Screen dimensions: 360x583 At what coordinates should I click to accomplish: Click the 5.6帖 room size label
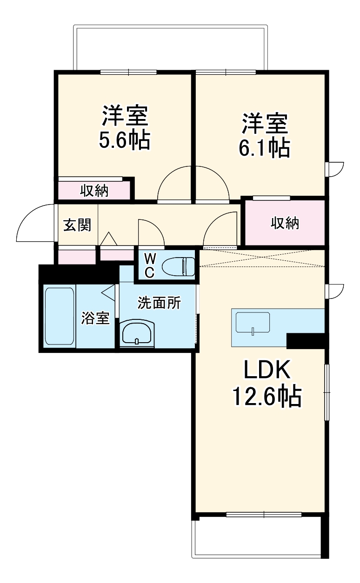125,140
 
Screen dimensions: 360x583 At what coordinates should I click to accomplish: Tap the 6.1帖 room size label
265,148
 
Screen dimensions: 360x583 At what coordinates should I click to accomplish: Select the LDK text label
267,369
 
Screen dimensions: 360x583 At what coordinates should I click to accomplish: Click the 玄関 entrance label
77,225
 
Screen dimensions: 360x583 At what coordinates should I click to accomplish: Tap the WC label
150,266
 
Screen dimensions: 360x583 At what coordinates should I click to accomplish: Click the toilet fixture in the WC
178,266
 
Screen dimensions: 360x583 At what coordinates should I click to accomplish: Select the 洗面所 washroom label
159,303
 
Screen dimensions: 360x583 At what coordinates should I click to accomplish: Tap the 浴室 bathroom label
95,318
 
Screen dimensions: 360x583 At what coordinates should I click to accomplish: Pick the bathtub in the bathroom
60,316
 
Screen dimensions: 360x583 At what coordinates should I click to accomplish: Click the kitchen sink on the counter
253,323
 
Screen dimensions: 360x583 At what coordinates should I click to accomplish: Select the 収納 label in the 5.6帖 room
94,191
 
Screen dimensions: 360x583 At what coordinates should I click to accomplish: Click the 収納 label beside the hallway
285,223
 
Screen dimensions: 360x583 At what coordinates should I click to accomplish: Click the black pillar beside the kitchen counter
307,340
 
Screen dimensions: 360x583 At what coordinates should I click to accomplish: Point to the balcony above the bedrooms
171,47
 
